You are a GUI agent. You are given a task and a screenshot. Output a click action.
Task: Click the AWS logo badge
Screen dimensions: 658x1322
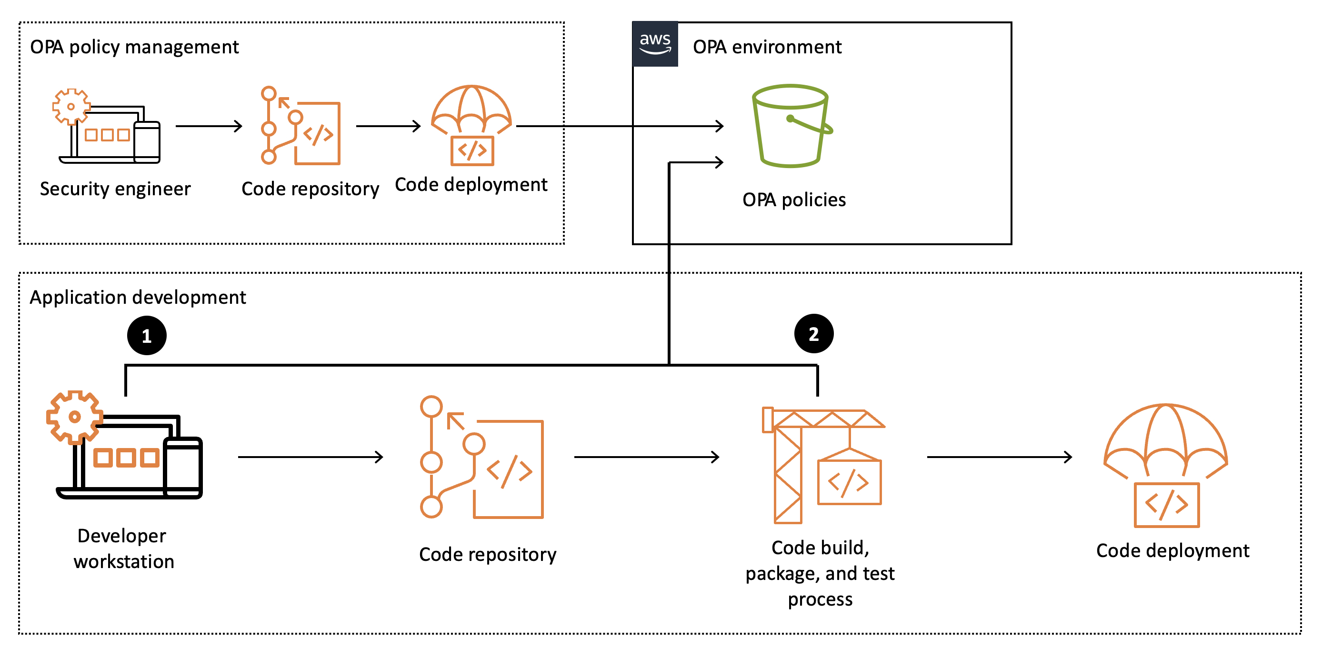point(655,44)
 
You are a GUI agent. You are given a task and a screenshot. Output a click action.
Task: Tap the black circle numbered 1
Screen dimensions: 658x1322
point(147,336)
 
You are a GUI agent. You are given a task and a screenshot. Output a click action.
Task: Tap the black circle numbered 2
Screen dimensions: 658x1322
point(813,334)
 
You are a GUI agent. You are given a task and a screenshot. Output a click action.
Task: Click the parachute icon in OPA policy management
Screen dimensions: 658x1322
point(471,125)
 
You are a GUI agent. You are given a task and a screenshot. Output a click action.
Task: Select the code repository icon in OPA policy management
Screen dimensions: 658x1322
point(300,126)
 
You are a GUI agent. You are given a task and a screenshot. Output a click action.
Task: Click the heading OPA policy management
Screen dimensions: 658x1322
point(134,47)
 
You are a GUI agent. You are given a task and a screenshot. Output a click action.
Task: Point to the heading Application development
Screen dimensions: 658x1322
point(138,298)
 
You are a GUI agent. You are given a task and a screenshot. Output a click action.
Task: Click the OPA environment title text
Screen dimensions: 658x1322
point(767,47)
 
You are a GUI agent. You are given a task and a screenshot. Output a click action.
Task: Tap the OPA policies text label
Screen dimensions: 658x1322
point(793,200)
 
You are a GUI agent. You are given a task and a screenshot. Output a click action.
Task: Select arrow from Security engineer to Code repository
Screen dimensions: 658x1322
point(209,126)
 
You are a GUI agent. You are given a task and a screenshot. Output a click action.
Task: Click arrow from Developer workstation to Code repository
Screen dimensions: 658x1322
point(310,457)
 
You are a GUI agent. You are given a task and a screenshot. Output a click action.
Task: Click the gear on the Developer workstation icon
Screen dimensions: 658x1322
point(74,417)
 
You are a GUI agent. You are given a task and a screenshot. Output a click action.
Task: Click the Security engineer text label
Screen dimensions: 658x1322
point(115,189)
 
